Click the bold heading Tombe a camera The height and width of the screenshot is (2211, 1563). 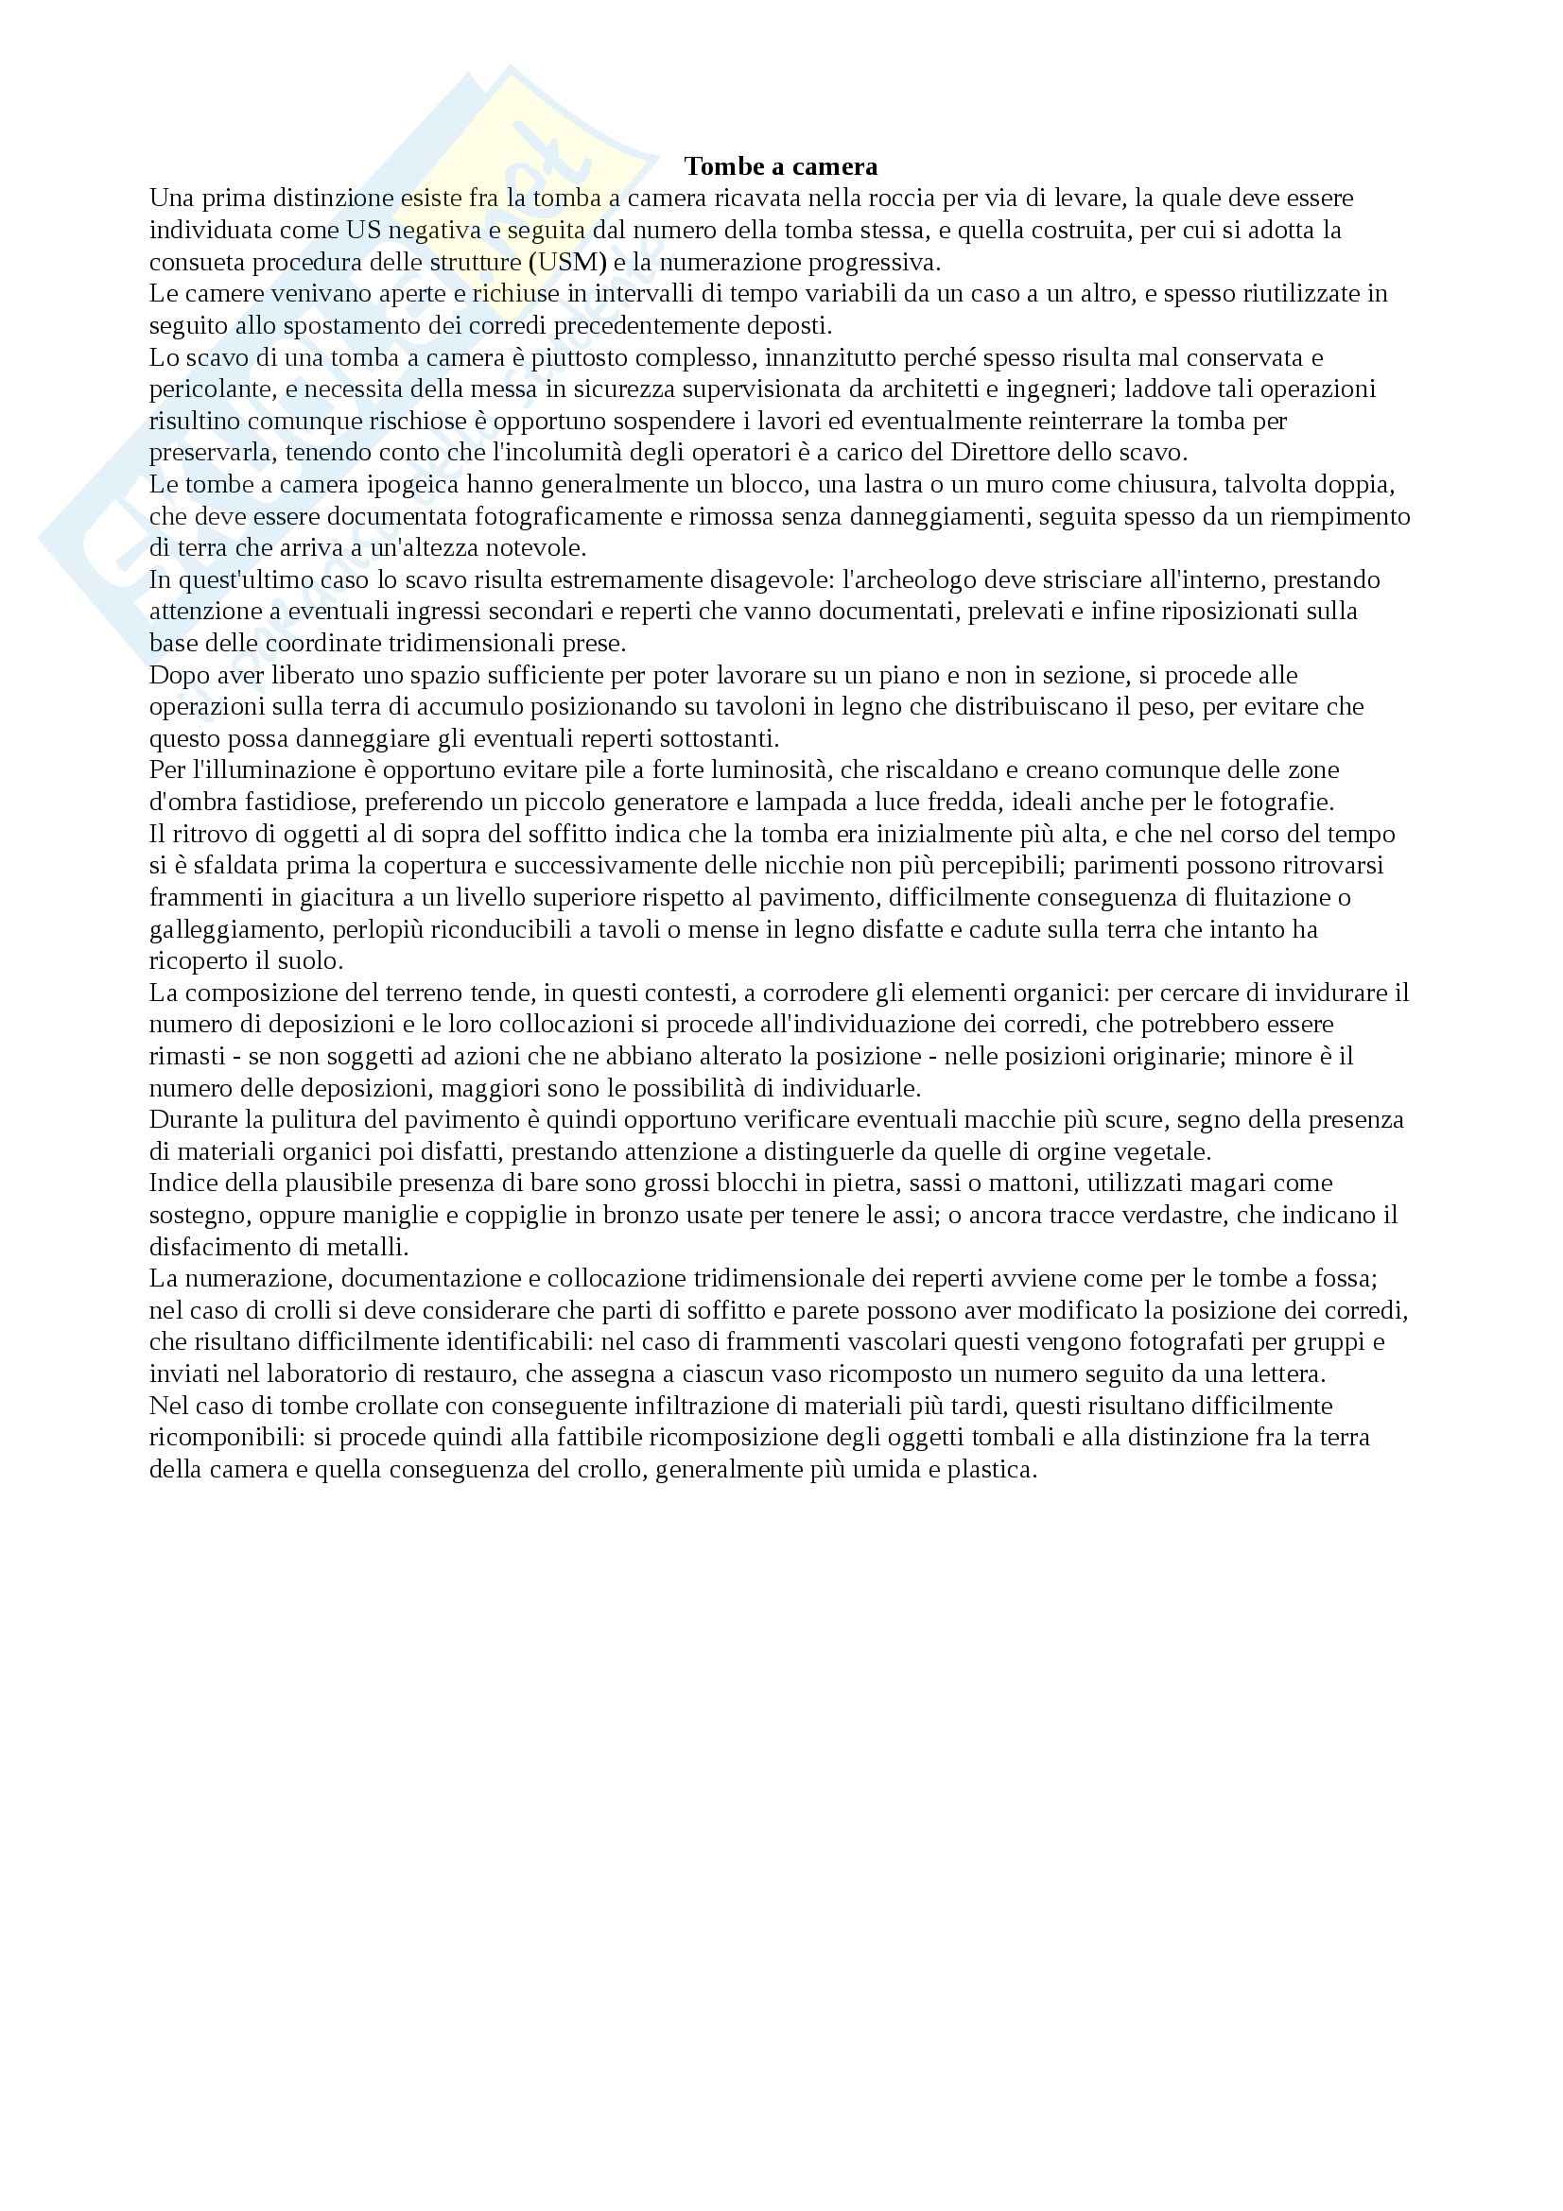pos(780,166)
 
